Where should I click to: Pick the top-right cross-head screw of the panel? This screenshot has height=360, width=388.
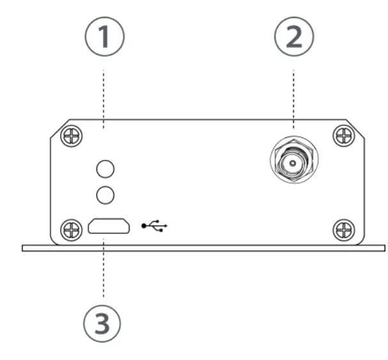(345, 136)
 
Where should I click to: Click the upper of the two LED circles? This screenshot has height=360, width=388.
(104, 169)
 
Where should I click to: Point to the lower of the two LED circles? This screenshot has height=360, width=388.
(104, 193)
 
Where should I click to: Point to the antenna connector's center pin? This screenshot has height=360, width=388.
(293, 164)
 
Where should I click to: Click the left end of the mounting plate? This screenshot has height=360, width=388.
(26, 247)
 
